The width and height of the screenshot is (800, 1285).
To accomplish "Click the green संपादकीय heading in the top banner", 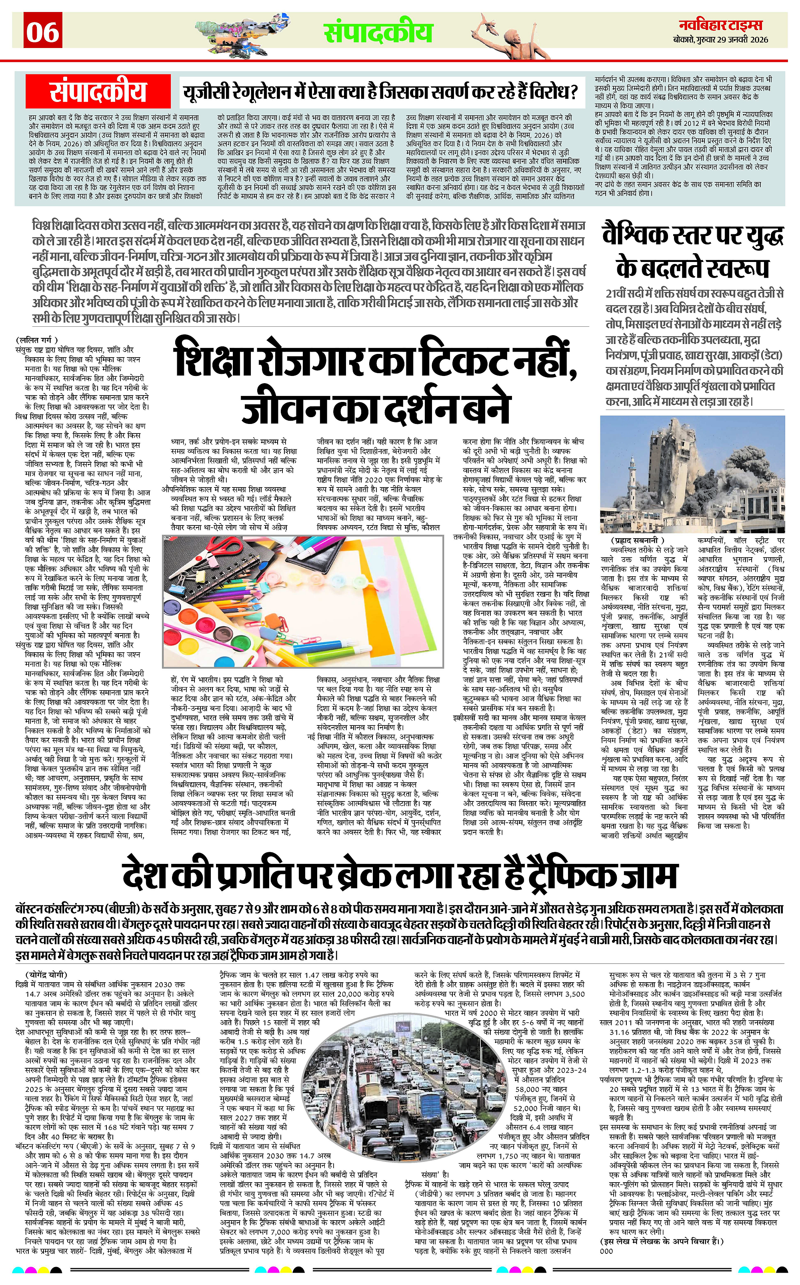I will (378, 32).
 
